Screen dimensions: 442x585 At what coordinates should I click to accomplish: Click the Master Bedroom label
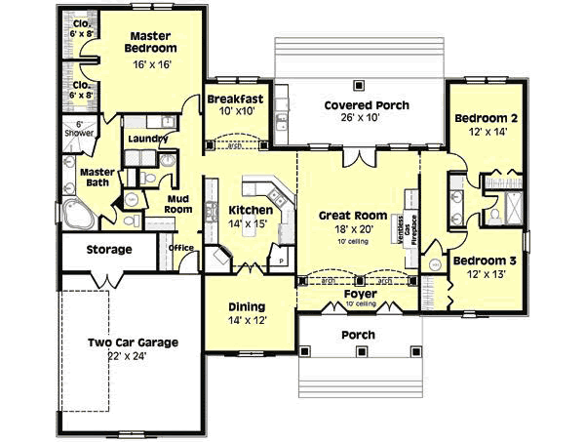(x=150, y=41)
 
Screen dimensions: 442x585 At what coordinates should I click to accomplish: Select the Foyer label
(x=362, y=293)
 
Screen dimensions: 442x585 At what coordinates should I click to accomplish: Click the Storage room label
(x=108, y=250)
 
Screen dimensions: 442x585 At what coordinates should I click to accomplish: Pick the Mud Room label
(x=177, y=203)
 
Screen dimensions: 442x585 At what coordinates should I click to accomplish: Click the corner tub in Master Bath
(x=77, y=214)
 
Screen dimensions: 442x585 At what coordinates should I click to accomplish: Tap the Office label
(x=181, y=248)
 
